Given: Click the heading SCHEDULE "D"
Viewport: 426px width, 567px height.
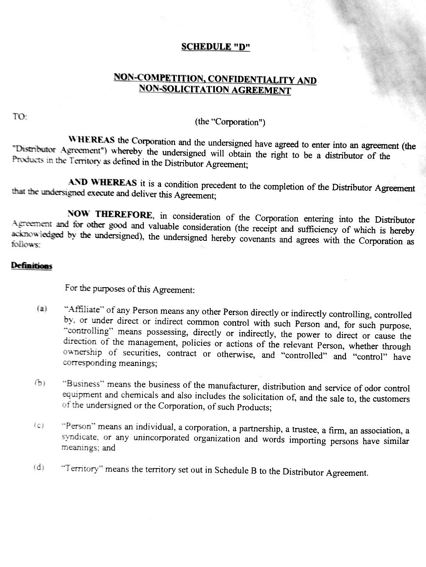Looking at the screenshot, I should point(215,47).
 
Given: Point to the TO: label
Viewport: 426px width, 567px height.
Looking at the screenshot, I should point(19,117).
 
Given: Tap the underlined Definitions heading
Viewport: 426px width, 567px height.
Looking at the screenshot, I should point(31,266).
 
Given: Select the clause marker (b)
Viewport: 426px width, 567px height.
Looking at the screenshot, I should point(39,383).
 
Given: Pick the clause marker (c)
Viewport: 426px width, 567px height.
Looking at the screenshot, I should point(39,426).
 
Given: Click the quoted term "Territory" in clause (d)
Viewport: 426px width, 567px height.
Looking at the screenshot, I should point(81,469).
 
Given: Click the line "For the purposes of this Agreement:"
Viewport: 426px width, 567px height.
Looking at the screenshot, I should point(129,289).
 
